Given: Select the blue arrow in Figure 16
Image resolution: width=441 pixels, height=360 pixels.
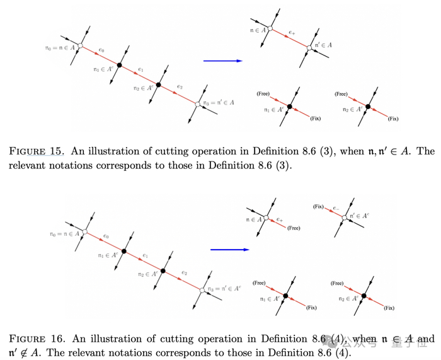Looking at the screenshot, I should pos(229,250).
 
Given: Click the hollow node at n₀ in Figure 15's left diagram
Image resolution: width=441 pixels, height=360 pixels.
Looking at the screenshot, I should pos(81,45).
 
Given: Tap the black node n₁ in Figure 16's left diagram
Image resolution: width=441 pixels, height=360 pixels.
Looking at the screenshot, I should pos(124,252).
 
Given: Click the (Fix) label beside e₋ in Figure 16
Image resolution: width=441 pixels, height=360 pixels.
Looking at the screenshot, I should pos(318,206).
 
